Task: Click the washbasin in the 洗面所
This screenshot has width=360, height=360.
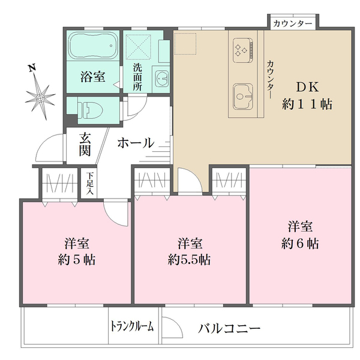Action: pyautogui.click(x=162, y=78)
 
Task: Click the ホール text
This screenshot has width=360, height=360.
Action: pyautogui.click(x=135, y=143)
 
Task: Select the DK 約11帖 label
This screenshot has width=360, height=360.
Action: pyautogui.click(x=307, y=95)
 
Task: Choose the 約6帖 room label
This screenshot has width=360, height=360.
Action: pyautogui.click(x=300, y=235)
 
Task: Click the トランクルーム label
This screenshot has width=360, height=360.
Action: pyautogui.click(x=133, y=326)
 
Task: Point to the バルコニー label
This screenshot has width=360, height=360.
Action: pyautogui.click(x=229, y=328)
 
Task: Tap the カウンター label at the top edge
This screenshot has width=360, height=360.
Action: pyautogui.click(x=292, y=23)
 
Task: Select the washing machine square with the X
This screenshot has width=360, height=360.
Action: pyautogui.click(x=140, y=46)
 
